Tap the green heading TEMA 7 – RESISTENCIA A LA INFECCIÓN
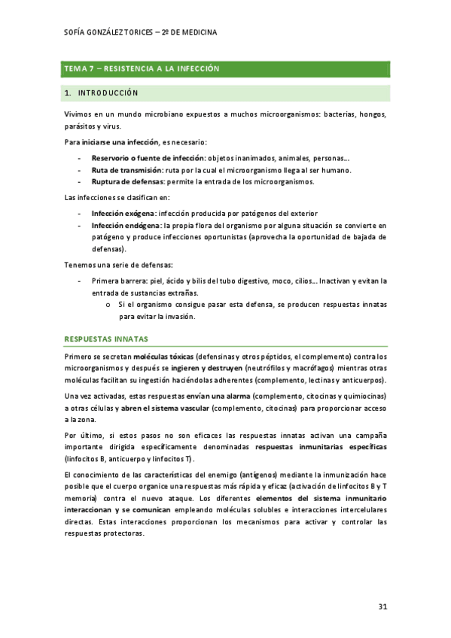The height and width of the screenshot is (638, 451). [x=142, y=68]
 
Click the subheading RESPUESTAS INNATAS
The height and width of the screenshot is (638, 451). [x=106, y=339]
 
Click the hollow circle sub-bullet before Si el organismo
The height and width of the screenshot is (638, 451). [x=109, y=305]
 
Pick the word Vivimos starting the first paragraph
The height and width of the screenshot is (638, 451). [x=78, y=114]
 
